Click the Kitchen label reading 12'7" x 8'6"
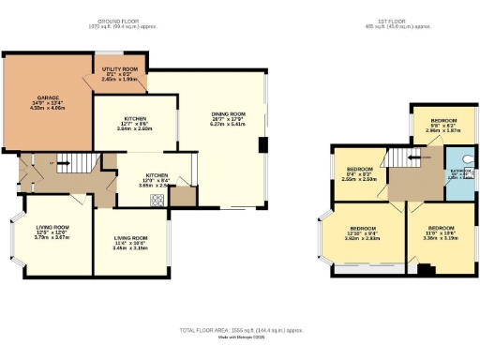coord(134,122)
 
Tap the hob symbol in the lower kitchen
coord(184,198)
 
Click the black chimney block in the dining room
coord(262,146)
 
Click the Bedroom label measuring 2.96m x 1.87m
coord(443,127)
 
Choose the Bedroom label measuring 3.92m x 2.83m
coord(363,233)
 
